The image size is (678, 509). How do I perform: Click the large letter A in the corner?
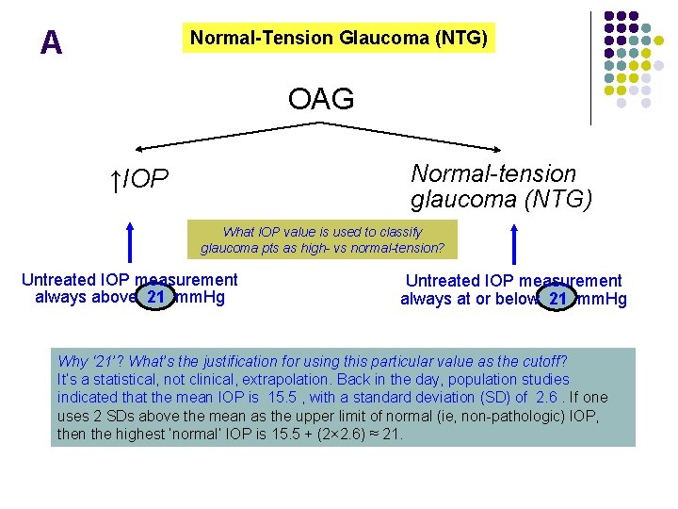(x=52, y=42)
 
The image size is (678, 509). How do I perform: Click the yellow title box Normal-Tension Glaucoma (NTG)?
(x=339, y=38)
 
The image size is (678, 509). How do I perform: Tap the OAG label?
(x=321, y=98)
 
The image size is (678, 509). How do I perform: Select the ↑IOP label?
(x=139, y=179)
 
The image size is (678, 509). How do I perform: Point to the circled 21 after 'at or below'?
(x=557, y=299)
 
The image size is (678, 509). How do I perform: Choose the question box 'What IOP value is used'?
(x=322, y=240)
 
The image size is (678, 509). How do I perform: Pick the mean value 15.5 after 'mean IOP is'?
(x=283, y=397)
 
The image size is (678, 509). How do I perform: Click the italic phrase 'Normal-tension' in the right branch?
(x=492, y=174)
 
